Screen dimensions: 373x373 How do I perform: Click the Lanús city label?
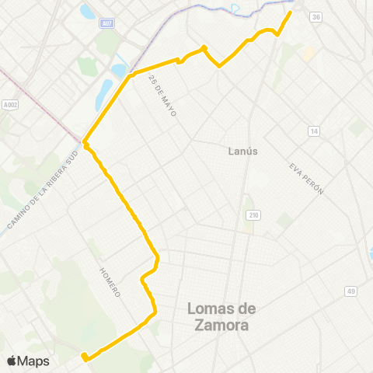tap(244, 151)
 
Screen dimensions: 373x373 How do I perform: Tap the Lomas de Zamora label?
tap(221, 317)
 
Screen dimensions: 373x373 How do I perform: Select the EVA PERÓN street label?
tap(305, 179)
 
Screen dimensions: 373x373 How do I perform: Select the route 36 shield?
tap(315, 16)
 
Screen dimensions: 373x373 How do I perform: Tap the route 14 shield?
tap(313, 131)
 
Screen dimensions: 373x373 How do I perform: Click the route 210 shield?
tap(253, 214)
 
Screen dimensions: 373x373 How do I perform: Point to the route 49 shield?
tap(351, 291)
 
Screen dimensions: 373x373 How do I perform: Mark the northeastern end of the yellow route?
tap(291, 12)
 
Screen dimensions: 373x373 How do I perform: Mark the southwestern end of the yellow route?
tap(84, 358)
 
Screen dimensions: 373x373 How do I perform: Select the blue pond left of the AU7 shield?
tap(86, 12)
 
